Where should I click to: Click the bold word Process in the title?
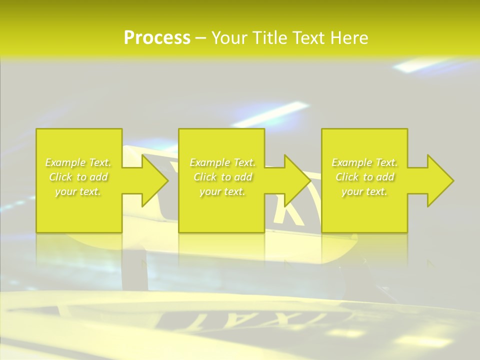[157, 38]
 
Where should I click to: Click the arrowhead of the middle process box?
[297, 180]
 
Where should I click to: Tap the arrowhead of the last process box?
[440, 180]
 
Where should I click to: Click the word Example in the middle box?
[209, 162]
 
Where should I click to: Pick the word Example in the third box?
[351, 162]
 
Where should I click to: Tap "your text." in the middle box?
[222, 191]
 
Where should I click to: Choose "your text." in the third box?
[364, 191]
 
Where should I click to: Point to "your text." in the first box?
[78, 191]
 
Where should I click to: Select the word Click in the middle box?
[204, 177]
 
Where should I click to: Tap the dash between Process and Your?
[201, 38]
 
